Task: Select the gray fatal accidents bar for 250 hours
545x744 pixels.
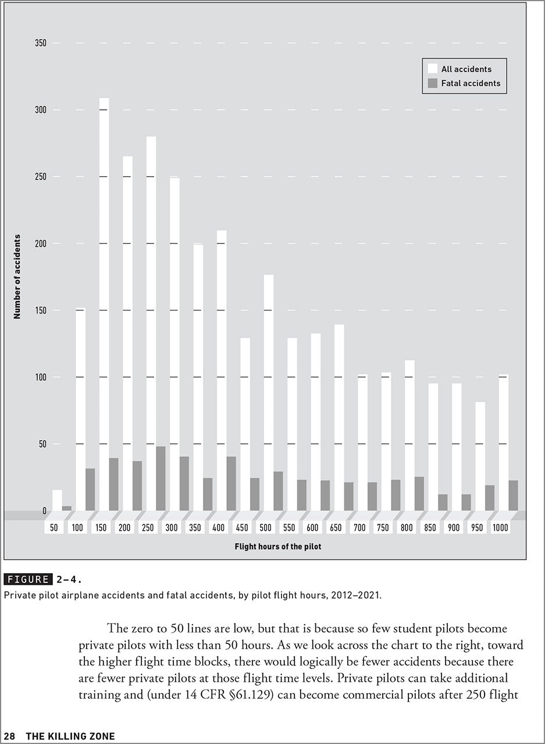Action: point(161,478)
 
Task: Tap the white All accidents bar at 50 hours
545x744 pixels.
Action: point(57,500)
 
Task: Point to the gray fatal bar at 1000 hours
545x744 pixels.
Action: point(513,495)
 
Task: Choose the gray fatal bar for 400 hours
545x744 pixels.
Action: point(231,484)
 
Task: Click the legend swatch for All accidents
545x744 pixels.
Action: point(432,69)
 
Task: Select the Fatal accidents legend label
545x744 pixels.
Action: point(471,83)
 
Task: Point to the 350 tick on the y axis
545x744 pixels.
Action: point(40,43)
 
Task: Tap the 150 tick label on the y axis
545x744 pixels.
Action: point(40,310)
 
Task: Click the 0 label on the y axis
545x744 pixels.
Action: point(44,511)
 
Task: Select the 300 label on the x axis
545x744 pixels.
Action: point(172,528)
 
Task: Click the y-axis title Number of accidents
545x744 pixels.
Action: point(17,277)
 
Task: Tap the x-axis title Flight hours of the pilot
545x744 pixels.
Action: point(277,547)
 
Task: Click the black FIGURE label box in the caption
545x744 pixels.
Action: point(28,579)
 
